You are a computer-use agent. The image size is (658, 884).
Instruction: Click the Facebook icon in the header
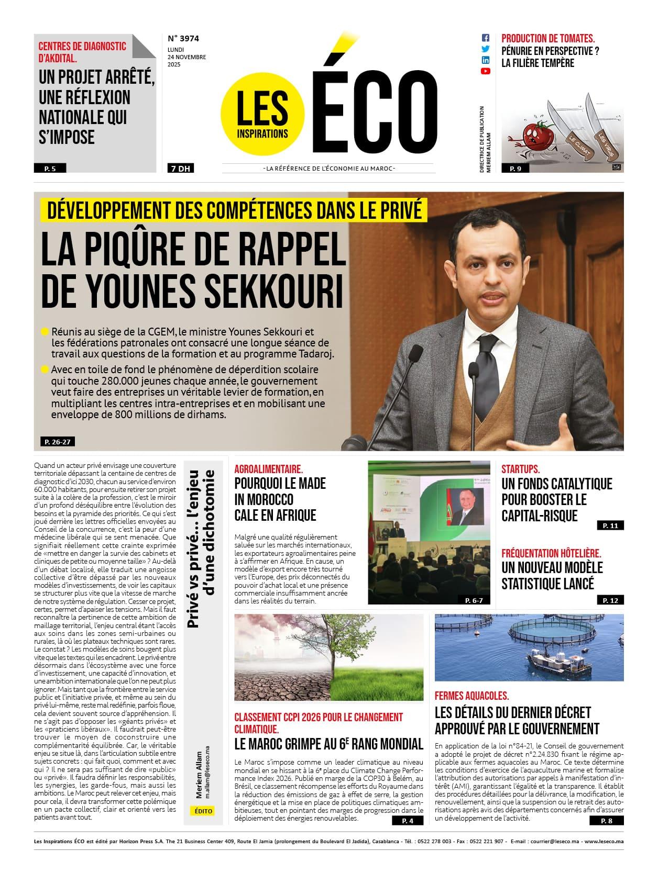[485, 38]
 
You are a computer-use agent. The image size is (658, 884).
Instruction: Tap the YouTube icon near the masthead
[485, 71]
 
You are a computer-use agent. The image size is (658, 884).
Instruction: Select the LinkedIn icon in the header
[485, 60]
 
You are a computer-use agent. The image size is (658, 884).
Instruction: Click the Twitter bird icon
[485, 49]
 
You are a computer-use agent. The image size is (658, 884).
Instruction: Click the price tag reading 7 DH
[179, 169]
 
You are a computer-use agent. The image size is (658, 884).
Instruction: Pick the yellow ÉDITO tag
[203, 811]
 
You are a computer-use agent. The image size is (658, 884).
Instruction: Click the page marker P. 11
[610, 525]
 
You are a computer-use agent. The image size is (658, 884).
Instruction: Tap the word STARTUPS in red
[520, 469]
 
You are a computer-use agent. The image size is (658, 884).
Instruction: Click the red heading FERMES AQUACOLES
[471, 696]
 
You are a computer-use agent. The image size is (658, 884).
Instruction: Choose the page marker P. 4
[408, 821]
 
